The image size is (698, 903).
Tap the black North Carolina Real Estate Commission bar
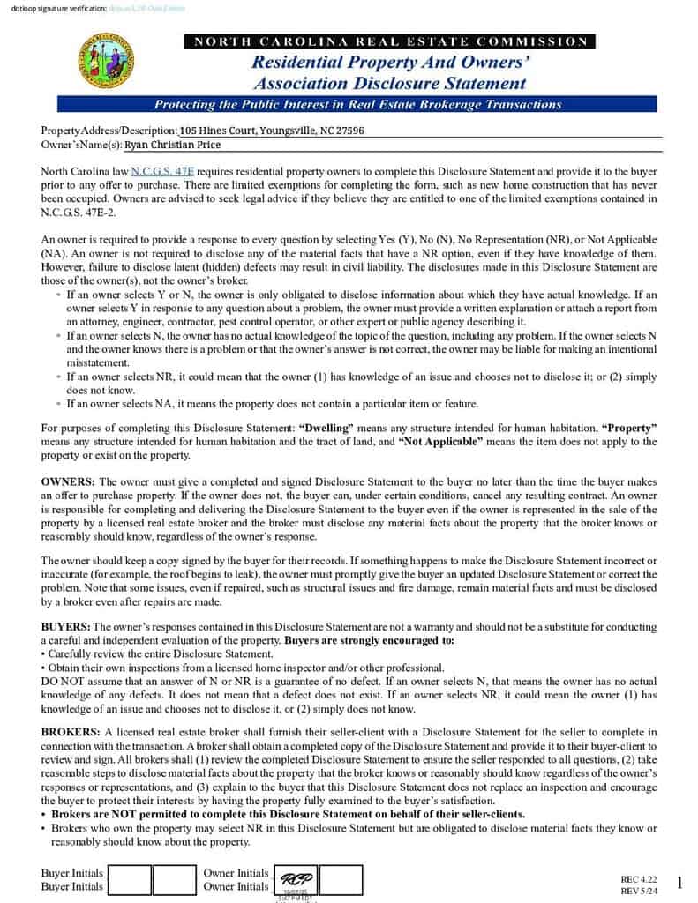[x=389, y=41]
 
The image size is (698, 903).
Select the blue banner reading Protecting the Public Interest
[x=357, y=105]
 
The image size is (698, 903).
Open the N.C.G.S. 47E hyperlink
[x=162, y=171]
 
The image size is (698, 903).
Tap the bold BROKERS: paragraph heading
[x=71, y=732]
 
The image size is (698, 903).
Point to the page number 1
[x=679, y=883]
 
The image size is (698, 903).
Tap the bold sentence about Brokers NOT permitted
[x=288, y=814]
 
